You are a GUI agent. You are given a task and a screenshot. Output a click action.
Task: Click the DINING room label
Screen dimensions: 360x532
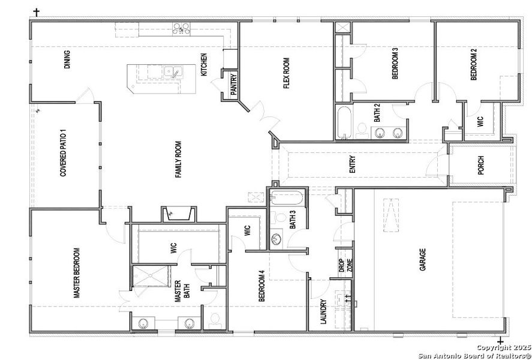tap(67, 60)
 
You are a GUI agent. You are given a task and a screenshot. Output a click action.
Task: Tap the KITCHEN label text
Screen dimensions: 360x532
tap(204, 65)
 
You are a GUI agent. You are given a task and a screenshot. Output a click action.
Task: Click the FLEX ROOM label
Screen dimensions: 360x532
tap(287, 73)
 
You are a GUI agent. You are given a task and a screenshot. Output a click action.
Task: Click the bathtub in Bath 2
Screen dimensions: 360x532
tap(344, 122)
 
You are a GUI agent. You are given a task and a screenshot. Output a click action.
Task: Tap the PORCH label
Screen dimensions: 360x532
tap(480, 166)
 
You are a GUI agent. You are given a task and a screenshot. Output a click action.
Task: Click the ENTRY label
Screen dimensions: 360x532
tap(353, 166)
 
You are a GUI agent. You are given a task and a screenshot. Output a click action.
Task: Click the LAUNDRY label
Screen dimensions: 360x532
tap(323, 312)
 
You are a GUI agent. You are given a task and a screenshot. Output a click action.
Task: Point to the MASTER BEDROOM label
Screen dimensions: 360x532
tap(76, 273)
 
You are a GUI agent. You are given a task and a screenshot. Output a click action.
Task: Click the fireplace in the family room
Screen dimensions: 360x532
tap(177, 214)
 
